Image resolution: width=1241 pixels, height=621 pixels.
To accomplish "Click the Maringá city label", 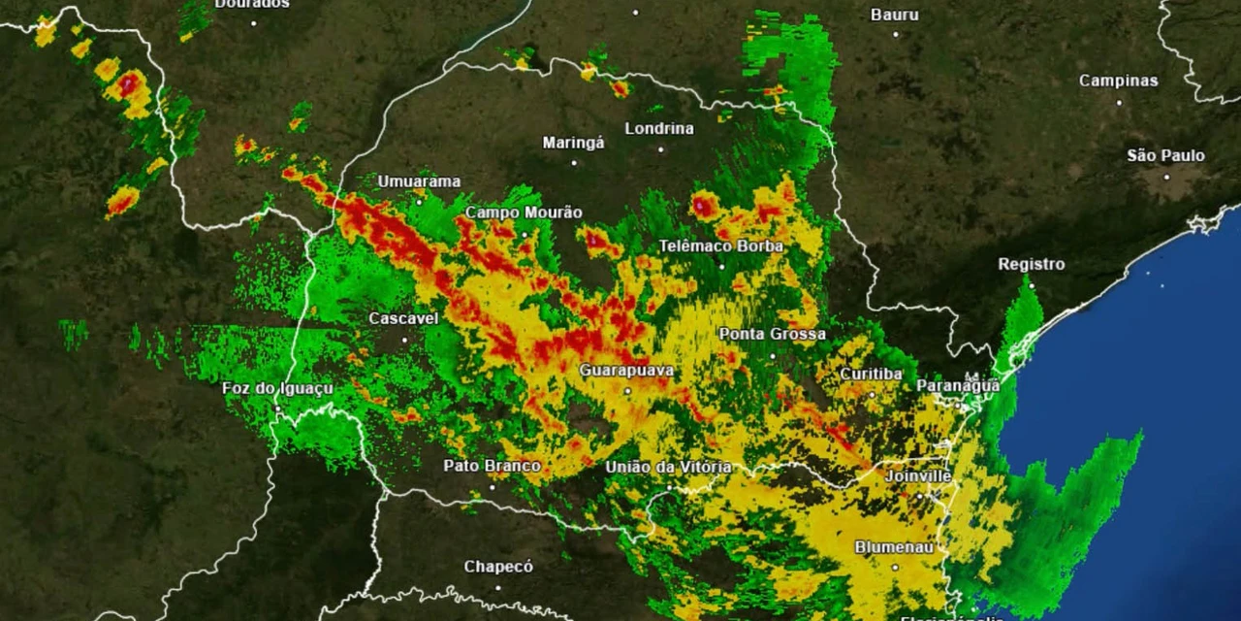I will click(573, 144).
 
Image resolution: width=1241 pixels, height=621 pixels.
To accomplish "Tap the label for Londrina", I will click(659, 129).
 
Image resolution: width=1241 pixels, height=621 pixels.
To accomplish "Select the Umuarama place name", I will click(419, 181).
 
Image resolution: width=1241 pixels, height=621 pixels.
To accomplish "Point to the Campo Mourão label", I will click(524, 212).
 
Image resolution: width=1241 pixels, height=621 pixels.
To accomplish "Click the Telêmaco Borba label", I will click(721, 246).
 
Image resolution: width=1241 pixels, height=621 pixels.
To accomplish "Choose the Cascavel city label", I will click(403, 318).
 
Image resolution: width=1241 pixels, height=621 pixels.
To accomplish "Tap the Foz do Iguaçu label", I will click(277, 389).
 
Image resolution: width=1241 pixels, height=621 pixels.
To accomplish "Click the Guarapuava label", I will click(626, 371).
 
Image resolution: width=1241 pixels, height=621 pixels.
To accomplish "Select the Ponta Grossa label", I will click(773, 335).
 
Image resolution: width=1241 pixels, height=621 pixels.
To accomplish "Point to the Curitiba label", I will click(871, 374).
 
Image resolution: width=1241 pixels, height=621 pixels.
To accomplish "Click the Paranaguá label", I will click(958, 386).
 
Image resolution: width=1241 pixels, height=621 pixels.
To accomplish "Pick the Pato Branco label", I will click(492, 466).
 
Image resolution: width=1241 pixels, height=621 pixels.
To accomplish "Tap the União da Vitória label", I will click(669, 468).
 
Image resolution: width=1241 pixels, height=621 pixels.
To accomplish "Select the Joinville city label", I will click(917, 476).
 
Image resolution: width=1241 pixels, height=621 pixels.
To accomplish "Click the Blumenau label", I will click(894, 547).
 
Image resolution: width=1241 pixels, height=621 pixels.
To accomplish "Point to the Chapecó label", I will click(498, 567).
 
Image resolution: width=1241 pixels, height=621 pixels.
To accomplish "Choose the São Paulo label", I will click(1165, 156).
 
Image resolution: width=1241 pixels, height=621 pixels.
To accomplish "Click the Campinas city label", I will click(1119, 82).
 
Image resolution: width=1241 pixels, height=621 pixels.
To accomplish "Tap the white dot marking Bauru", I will click(895, 34).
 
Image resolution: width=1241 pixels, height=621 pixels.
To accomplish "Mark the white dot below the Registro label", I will click(1032, 285).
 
